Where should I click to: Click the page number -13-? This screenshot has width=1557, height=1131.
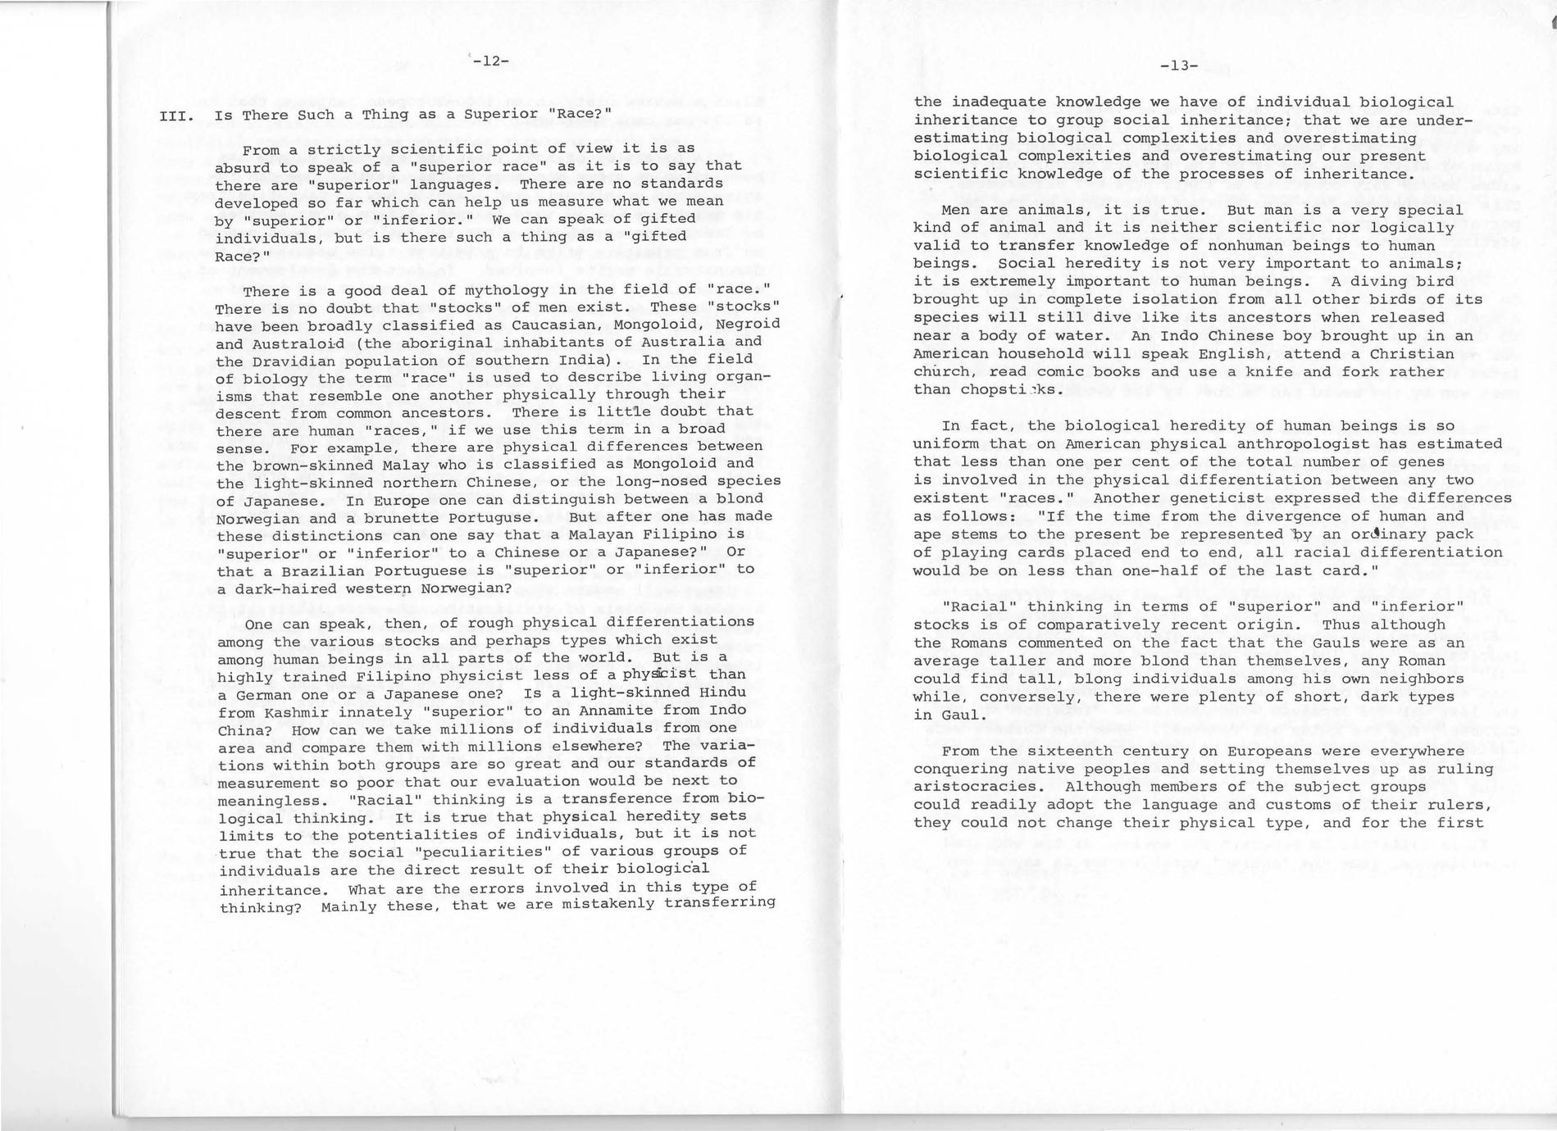tap(1180, 66)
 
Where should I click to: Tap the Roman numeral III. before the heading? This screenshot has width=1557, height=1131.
tap(176, 116)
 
